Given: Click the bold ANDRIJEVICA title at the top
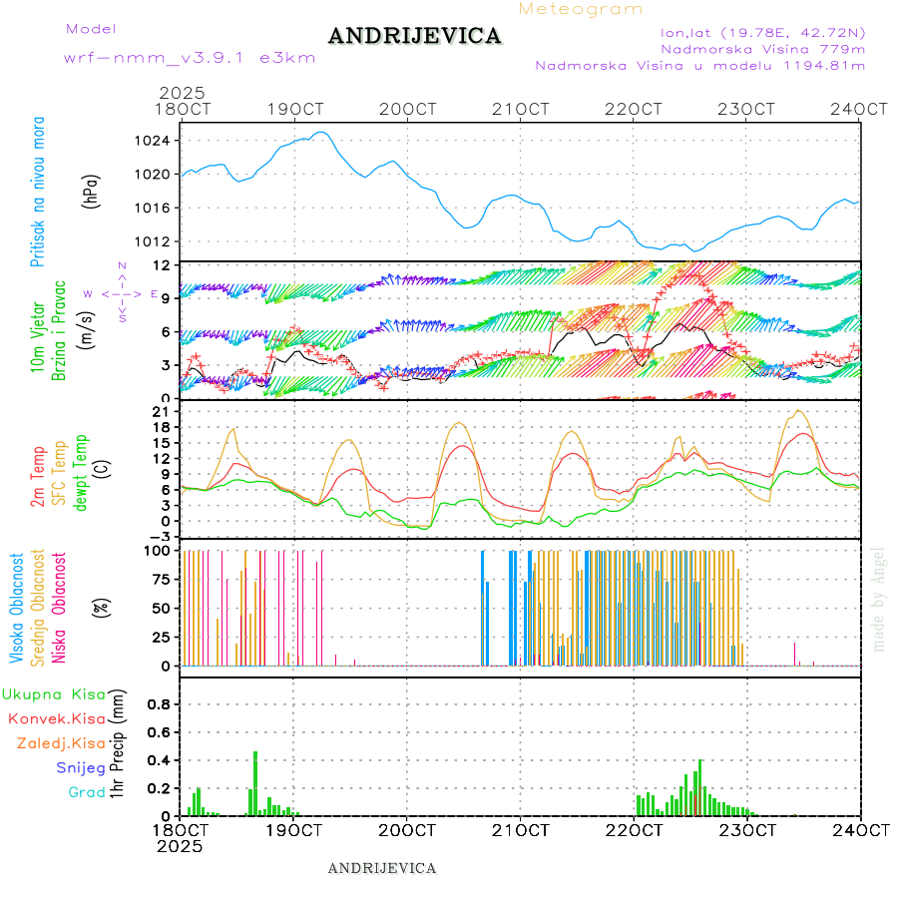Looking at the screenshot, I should pyautogui.click(x=414, y=37).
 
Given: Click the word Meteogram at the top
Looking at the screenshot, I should pyautogui.click(x=582, y=9).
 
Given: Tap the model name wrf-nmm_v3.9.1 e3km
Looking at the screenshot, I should pyautogui.click(x=190, y=58).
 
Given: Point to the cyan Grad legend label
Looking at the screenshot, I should pyautogui.click(x=87, y=792).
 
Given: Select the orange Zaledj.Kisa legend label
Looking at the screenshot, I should pyautogui.click(x=62, y=742).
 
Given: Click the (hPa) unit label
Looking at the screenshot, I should pyautogui.click(x=91, y=191).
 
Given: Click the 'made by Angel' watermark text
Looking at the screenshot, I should pyautogui.click(x=879, y=599).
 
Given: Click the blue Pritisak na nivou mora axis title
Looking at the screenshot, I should pyautogui.click(x=38, y=191).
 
